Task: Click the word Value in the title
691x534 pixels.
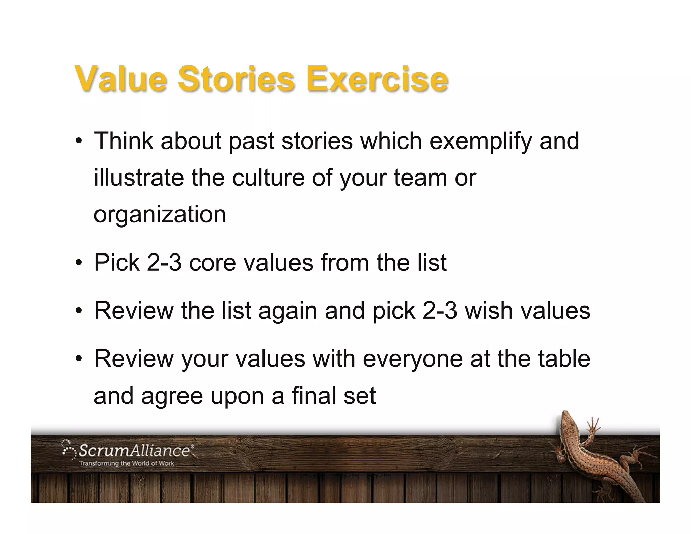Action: (x=120, y=79)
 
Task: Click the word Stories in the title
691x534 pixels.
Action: (x=236, y=79)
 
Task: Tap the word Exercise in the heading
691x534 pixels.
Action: (x=377, y=79)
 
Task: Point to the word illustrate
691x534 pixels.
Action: (x=139, y=178)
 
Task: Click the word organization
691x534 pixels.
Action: (x=160, y=215)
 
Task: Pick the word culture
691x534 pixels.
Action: (x=268, y=178)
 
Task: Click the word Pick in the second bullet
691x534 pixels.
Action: (x=117, y=263)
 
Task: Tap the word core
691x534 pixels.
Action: (x=212, y=263)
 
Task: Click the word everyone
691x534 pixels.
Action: (x=413, y=359)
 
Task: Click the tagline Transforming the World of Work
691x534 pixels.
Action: (x=127, y=463)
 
